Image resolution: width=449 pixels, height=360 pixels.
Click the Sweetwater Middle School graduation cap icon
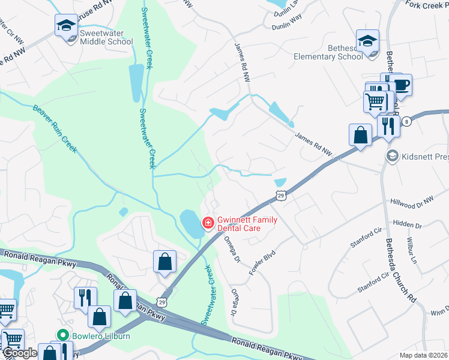tap(66, 25)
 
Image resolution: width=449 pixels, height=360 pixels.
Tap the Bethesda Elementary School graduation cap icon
tap(367, 41)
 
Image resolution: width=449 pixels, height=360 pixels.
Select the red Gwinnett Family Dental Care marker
tap(208, 223)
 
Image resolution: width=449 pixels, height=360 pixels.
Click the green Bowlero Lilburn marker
tap(61, 335)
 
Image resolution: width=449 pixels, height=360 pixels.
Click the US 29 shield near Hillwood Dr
tap(280, 194)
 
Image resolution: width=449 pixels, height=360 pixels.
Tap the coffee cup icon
tap(400, 85)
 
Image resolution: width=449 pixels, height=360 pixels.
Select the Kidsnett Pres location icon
tap(392, 156)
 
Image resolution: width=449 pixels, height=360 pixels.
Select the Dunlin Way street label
tap(286, 26)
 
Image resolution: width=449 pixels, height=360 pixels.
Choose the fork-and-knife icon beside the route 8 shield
tap(388, 126)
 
